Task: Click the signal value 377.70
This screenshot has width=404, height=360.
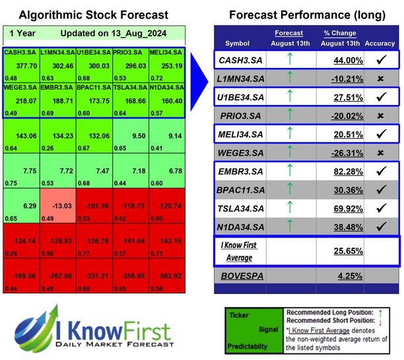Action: click(26, 66)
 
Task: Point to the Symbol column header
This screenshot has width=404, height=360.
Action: click(238, 44)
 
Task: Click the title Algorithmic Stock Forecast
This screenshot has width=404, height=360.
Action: click(94, 15)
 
